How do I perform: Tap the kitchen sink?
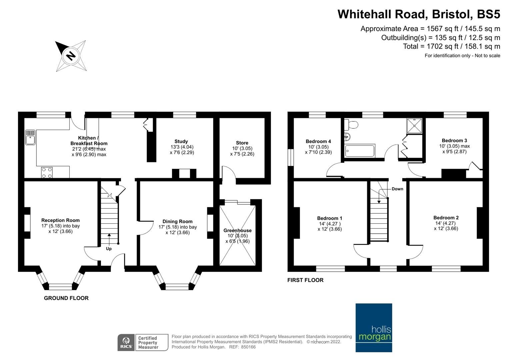30,137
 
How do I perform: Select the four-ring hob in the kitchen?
47,173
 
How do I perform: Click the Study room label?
181,141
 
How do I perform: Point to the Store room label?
242,143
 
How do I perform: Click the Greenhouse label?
237,230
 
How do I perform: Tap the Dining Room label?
177,221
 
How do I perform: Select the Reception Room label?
60,220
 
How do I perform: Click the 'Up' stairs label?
109,249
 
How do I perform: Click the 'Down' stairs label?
397,189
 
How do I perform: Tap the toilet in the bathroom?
352,125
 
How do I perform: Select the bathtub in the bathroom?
360,151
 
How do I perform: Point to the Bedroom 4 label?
318,141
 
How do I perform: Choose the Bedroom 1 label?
329,218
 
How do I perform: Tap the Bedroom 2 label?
446,218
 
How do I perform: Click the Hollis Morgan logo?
374,328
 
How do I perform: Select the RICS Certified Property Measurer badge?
143,342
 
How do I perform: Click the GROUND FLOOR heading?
66,298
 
